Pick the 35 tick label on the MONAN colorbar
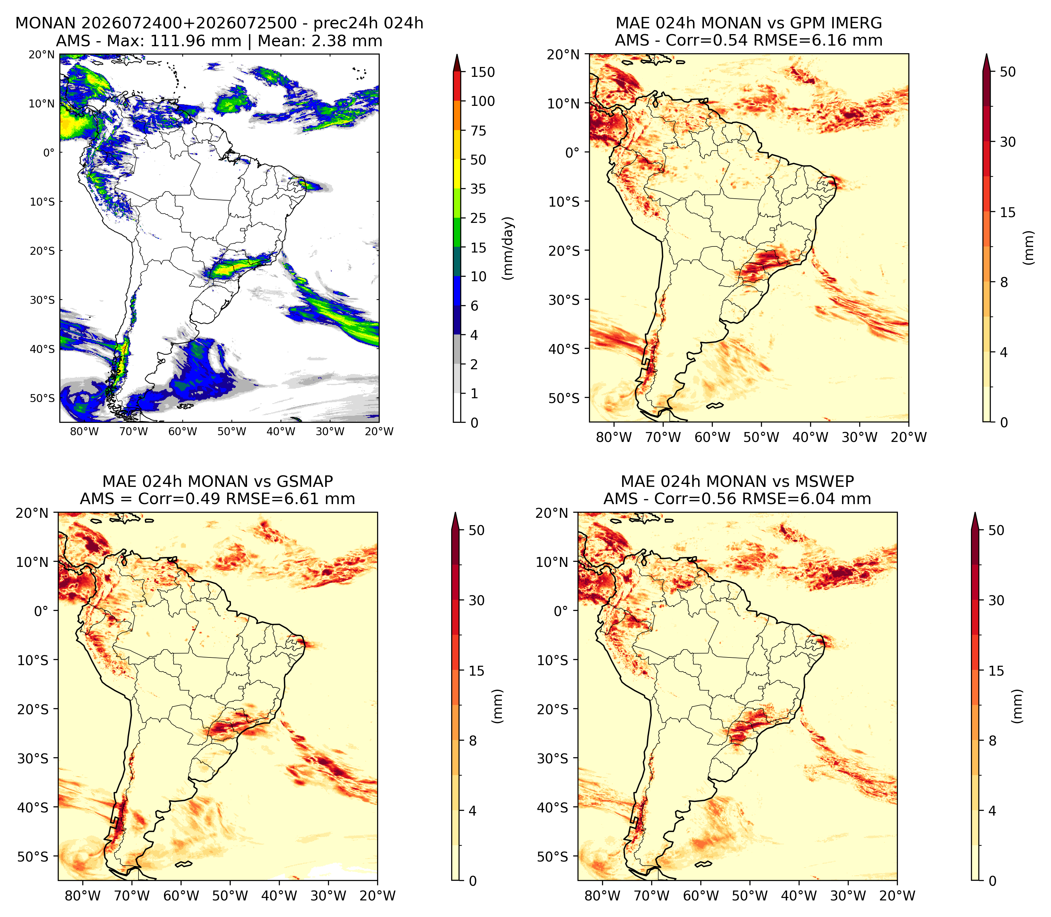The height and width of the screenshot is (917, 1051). click(478, 189)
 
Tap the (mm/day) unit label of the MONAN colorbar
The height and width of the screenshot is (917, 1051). click(508, 248)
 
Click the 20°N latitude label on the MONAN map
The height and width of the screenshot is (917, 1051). click(41, 55)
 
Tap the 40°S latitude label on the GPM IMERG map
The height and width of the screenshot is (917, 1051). click(564, 349)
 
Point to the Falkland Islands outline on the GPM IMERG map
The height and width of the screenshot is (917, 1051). click(715, 406)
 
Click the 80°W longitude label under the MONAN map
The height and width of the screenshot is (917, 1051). click(85, 431)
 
